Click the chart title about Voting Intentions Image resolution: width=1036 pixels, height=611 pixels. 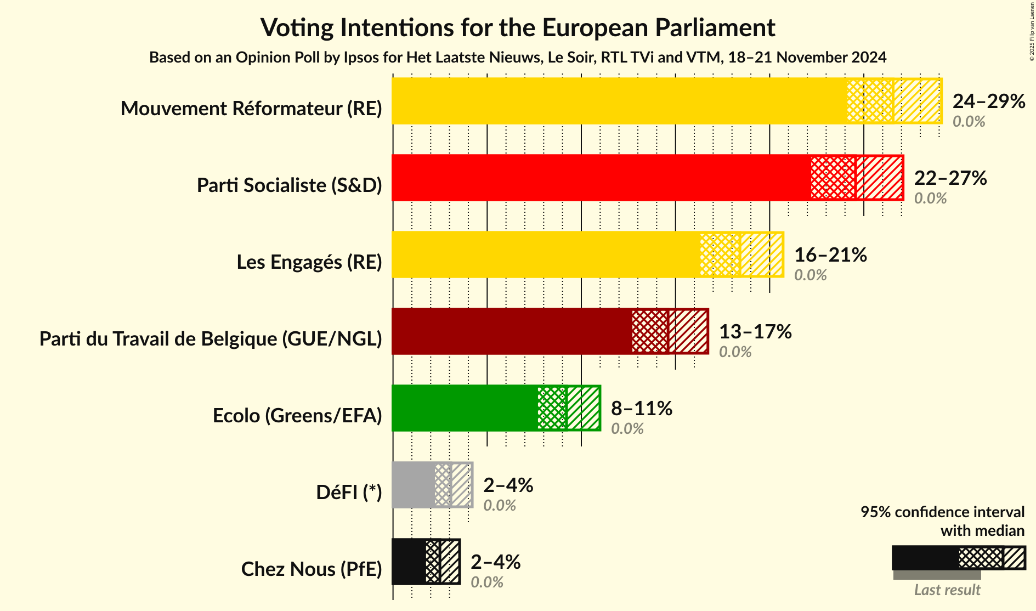(518, 27)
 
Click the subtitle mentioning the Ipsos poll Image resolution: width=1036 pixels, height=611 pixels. (518, 58)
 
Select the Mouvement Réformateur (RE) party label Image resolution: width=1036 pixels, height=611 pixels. (251, 109)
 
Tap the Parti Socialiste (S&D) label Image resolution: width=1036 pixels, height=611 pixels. (289, 185)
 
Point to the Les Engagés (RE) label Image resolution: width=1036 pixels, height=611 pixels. (309, 262)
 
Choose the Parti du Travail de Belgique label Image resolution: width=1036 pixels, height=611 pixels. (211, 339)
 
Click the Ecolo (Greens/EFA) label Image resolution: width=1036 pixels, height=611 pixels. (297, 416)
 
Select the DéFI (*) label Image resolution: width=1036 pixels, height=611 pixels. (349, 493)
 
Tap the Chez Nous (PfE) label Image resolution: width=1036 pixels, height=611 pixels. (312, 569)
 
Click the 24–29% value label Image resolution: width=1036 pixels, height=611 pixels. (988, 101)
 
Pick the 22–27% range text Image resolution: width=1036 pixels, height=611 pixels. (950, 178)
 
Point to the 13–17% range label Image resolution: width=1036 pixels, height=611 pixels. (755, 332)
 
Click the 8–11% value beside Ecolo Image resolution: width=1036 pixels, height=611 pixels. (641, 409)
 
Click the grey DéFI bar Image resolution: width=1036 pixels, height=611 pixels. (413, 485)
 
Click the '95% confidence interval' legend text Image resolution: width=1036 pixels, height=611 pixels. (942, 512)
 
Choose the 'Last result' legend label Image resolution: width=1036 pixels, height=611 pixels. (947, 590)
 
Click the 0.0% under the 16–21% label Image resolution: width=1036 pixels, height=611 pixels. (810, 275)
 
